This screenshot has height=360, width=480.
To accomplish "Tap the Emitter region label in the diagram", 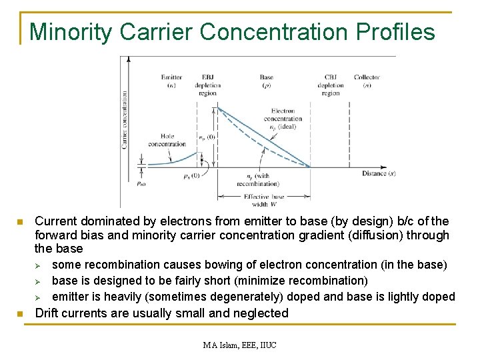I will click(171, 81).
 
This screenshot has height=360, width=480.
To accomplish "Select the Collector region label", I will click(367, 81).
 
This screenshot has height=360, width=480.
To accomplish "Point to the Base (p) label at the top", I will click(266, 81).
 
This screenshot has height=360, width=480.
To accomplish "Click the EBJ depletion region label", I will click(207, 85).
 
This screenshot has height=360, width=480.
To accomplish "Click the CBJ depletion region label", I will click(331, 85).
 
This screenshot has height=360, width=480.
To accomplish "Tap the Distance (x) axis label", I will click(379, 174).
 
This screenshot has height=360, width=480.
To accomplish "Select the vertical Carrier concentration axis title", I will click(125, 119).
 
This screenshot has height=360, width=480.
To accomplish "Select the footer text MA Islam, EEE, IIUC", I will click(240, 345).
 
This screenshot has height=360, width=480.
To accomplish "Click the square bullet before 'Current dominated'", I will click(21, 221).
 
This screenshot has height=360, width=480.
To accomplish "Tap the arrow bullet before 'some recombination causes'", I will click(39, 265).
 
